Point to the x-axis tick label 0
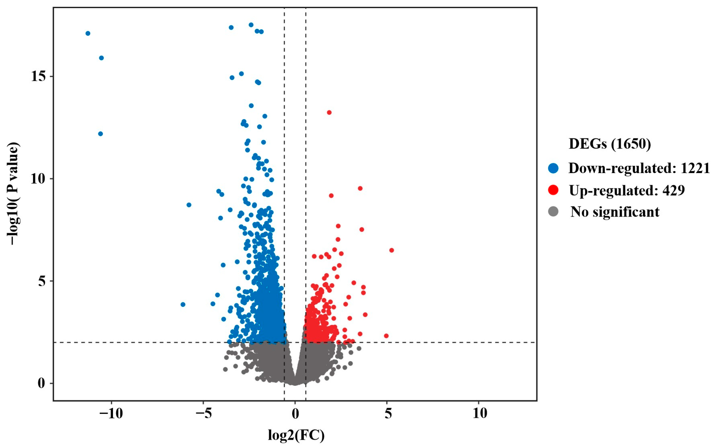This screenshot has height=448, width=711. (295, 414)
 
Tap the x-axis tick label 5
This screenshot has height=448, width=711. (388, 414)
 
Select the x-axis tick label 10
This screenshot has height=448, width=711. (480, 414)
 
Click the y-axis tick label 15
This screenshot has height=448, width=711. (38, 77)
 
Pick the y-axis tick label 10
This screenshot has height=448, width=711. (38, 179)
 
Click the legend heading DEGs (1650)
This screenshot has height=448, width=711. (610, 144)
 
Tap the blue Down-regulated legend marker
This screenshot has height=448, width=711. (553, 168)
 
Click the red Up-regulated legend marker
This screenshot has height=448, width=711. (553, 190)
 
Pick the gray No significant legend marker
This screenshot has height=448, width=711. (553, 212)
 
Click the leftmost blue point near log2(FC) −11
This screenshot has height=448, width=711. (88, 33)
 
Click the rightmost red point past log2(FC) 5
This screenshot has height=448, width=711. (392, 250)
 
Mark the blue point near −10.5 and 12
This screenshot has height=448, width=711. (100, 134)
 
